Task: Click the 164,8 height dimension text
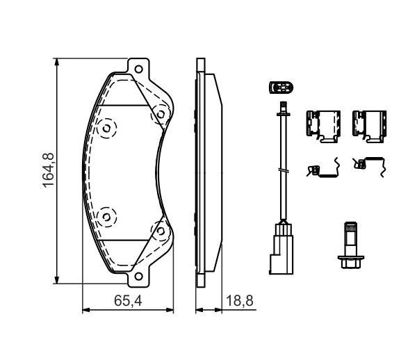(48, 170)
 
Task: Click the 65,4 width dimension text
(128, 301)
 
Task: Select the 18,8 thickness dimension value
(239, 301)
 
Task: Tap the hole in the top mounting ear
(138, 69)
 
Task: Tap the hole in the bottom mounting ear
(138, 276)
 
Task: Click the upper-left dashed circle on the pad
(106, 129)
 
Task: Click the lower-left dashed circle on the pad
(106, 218)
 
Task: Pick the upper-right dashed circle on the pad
(161, 115)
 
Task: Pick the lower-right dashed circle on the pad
(161, 231)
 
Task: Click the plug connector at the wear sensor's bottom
(281, 249)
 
